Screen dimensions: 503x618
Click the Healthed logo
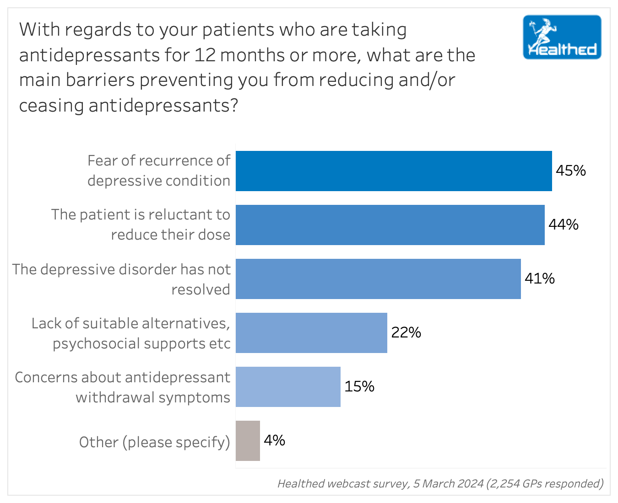[x=562, y=37]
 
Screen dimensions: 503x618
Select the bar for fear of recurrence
[x=394, y=171]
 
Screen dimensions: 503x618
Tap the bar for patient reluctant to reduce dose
[x=390, y=225]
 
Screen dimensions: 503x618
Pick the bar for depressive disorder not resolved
[x=378, y=279]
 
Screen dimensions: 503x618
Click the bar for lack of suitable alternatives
[x=311, y=333]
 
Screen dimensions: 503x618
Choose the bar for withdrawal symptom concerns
[x=288, y=387]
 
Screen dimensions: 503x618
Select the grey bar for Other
[x=248, y=441]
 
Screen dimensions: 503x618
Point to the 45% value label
[x=570, y=171]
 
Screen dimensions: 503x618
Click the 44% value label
[x=563, y=225]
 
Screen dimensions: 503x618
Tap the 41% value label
[x=539, y=279]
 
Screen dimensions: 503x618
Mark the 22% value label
[x=406, y=333]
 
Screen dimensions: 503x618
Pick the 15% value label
[x=359, y=387]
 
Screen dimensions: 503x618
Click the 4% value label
[x=274, y=441]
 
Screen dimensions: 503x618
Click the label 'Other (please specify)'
[x=154, y=442]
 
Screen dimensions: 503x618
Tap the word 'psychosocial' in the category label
[x=94, y=344]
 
